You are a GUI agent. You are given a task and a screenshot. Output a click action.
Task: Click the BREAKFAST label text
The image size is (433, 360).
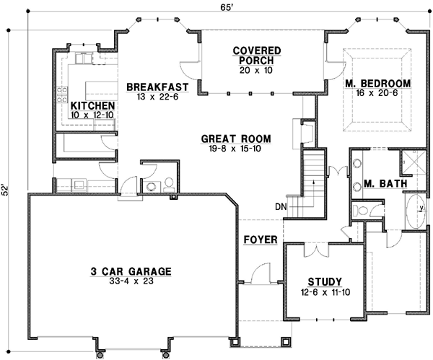157,87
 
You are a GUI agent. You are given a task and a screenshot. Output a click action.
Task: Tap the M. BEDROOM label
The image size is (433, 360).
377,84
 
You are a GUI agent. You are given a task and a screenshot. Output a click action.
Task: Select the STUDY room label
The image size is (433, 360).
323,281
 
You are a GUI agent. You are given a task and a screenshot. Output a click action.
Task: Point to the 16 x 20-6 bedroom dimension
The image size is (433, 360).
377,95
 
